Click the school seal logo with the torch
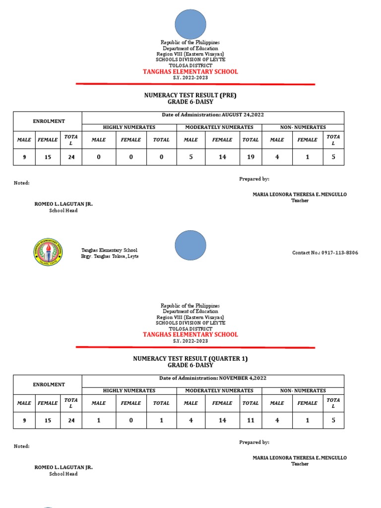pyautogui.click(x=48, y=252)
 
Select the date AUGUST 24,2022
pyautogui.click(x=243, y=115)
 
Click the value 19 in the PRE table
pyautogui.click(x=251, y=157)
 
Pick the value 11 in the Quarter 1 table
pyautogui.click(x=251, y=420)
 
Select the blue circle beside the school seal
pyautogui.click(x=190, y=246)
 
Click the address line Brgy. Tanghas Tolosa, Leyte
pyautogui.click(x=110, y=256)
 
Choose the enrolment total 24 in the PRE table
pyautogui.click(x=70, y=157)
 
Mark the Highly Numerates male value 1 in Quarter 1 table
pyautogui.click(x=99, y=420)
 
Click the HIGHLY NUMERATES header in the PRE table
pyautogui.click(x=129, y=127)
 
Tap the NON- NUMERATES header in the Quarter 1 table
pyautogui.click(x=303, y=391)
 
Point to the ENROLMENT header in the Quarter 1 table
pyautogui.click(x=49, y=384)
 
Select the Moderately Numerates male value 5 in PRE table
pyautogui.click(x=191, y=157)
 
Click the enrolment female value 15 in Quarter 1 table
pyautogui.click(x=48, y=420)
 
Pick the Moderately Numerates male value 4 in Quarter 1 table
pyautogui.click(x=191, y=420)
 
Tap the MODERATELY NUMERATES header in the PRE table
pyautogui.click(x=219, y=127)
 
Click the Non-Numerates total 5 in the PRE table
pyautogui.click(x=333, y=157)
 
